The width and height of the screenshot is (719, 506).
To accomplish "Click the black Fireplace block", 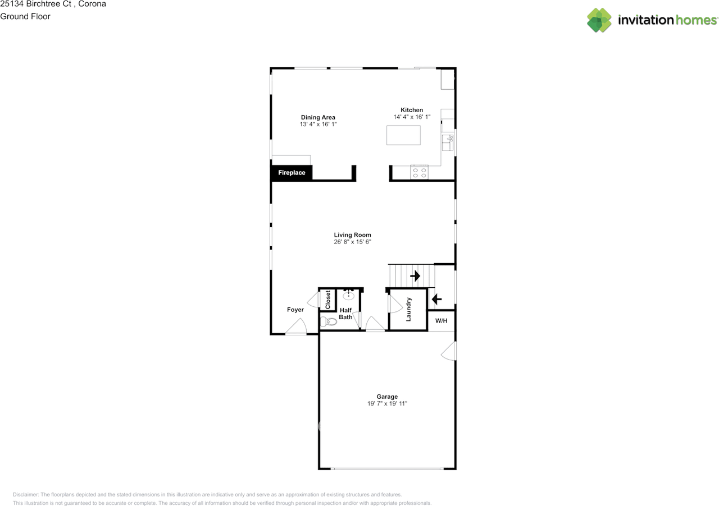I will pos(292,173).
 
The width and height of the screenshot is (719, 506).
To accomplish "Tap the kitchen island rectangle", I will pos(403,135).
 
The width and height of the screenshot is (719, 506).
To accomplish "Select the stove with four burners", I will pos(419,172).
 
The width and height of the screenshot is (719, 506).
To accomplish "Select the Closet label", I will pos(328,300).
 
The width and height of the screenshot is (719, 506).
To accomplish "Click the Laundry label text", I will pos(409,309).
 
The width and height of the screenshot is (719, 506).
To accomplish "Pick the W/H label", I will pos(442,321).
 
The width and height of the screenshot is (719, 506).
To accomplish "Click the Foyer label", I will pos(295,310).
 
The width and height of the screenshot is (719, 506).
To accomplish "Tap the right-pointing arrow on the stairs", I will pos(415,276).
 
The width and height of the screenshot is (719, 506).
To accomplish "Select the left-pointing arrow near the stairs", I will pos(436,300).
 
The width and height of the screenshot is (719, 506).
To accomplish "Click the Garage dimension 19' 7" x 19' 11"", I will pos(387,403).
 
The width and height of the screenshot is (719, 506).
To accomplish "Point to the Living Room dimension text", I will pos(352,242).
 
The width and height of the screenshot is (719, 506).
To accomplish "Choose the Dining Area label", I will pos(318,117).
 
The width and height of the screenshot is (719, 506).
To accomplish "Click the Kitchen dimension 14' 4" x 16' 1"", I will pos(411,117).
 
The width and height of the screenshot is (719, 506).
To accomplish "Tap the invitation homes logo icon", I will pos(599,20).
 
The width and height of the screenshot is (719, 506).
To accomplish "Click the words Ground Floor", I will pos(25,16).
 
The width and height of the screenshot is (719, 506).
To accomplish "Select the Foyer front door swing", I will pos(298,326).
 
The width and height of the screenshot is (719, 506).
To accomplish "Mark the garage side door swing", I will pos(449,351).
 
